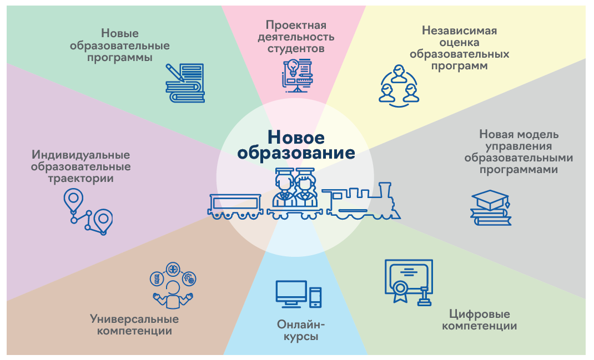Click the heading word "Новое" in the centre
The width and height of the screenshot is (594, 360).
(296, 136)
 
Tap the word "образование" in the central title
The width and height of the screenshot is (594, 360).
(296, 153)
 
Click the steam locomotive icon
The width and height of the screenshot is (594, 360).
(363, 200)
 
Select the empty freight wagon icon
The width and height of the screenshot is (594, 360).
(235, 205)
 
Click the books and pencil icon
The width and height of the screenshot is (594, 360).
(185, 83)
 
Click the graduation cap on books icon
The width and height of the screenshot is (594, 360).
(491, 207)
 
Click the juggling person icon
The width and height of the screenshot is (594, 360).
(173, 289)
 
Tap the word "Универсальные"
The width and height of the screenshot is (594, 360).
(134, 319)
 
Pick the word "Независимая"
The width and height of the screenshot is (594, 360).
(459, 30)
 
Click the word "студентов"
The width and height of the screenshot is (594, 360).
(296, 49)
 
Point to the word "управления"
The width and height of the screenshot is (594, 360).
(519, 146)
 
